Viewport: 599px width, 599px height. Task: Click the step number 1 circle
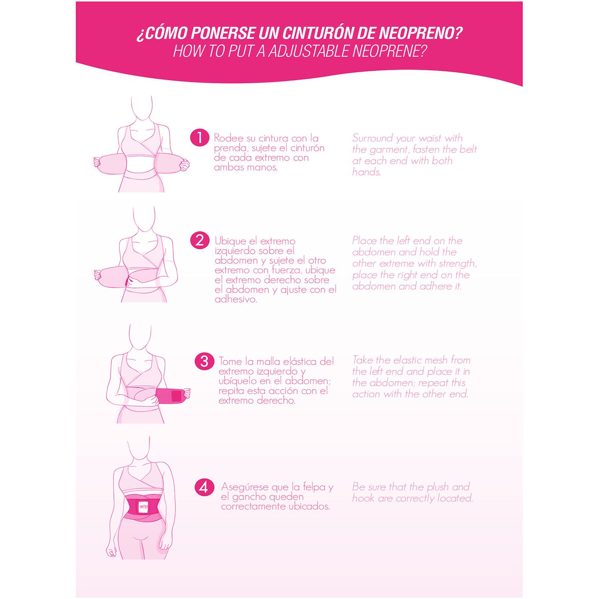(199, 138)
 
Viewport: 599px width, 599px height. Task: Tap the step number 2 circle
(199, 240)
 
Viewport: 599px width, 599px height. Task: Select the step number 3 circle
(204, 361)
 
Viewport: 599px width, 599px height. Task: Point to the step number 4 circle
(204, 487)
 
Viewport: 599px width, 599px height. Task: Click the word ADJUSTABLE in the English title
(310, 51)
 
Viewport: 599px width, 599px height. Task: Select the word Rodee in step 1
(229, 138)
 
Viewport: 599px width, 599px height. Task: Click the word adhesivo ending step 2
(236, 299)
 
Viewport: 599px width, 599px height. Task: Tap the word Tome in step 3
(230, 362)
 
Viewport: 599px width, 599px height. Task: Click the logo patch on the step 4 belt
(143, 506)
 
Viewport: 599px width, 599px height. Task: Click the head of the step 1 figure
(141, 109)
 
